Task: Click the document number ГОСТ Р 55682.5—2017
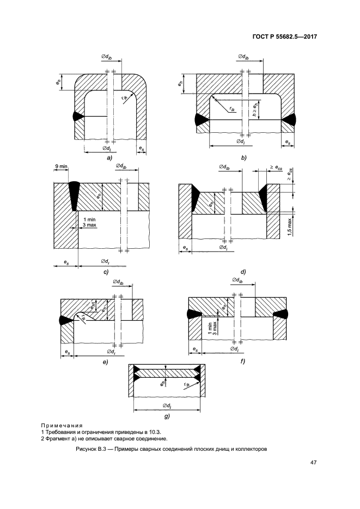click(x=284, y=36)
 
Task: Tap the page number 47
click(x=313, y=462)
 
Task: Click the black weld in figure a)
click(x=77, y=116)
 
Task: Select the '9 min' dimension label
click(x=60, y=167)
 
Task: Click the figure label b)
click(x=244, y=158)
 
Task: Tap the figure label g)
click(x=167, y=416)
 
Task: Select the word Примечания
click(x=62, y=426)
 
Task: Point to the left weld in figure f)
click(x=194, y=314)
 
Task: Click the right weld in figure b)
click(x=289, y=120)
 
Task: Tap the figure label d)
click(x=243, y=272)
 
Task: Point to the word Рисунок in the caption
click(x=86, y=450)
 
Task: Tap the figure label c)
click(x=106, y=272)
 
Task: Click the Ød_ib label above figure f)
click(x=237, y=280)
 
